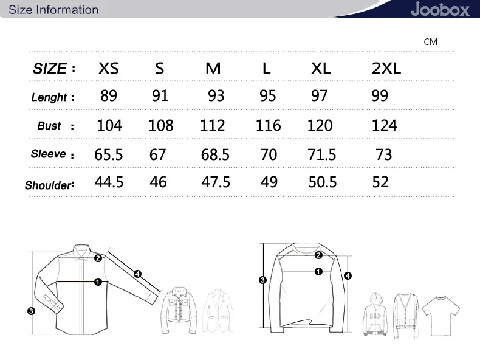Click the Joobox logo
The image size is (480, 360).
[440, 9]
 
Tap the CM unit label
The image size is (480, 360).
[430, 42]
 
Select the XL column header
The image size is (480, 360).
[321, 68]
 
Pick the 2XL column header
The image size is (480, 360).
[386, 68]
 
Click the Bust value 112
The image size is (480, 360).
[212, 125]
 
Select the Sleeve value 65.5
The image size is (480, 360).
[108, 154]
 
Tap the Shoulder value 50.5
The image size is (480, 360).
[323, 182]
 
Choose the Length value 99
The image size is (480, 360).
[380, 95]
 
